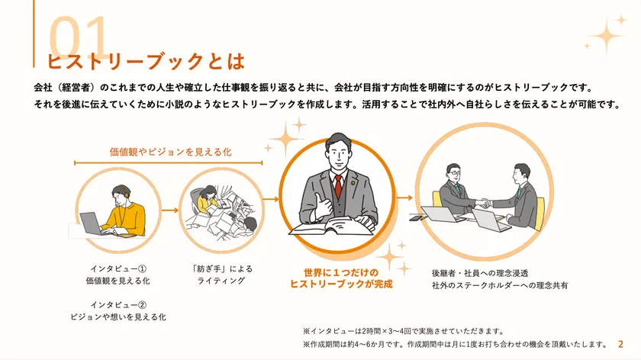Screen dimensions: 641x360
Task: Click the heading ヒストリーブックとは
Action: click(146, 62)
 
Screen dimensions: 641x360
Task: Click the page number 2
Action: click(620, 344)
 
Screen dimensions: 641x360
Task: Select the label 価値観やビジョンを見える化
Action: click(170, 152)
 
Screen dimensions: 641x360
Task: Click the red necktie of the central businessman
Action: click(338, 186)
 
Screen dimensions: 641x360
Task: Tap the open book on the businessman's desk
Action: click(331, 226)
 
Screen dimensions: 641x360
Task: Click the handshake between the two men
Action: click(485, 203)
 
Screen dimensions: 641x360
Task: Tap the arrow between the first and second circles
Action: click(170, 210)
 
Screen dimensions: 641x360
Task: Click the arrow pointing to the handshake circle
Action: click(404, 198)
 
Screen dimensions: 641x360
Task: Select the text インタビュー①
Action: click(118, 268)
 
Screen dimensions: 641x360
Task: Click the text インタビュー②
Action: click(118, 305)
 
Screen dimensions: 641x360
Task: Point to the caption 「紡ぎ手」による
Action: click(221, 268)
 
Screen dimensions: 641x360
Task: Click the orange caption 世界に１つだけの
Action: click(341, 272)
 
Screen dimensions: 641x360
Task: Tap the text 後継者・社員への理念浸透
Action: click(480, 273)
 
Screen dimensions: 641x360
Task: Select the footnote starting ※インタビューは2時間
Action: click(404, 331)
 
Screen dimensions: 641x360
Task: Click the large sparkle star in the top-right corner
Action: click(607, 36)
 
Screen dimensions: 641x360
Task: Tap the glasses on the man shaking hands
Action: click(454, 173)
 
